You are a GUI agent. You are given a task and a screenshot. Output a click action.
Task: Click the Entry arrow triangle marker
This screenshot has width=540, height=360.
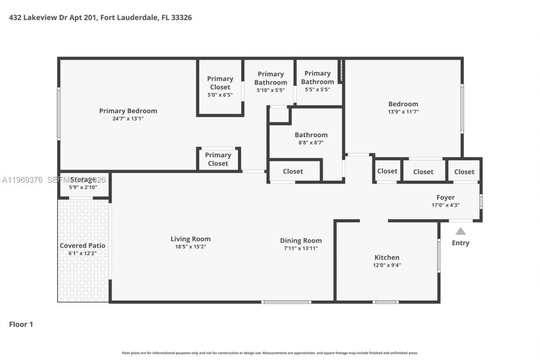pyautogui.click(x=460, y=231)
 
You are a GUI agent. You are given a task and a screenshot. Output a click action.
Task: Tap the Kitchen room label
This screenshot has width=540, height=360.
pyautogui.click(x=387, y=257)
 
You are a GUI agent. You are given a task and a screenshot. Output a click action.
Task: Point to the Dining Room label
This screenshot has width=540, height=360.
pyautogui.click(x=301, y=241)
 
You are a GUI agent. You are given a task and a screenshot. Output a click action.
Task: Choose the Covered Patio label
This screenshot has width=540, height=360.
pyautogui.click(x=83, y=246)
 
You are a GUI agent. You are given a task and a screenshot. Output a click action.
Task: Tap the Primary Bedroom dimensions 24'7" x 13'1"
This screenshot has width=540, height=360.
pyautogui.click(x=128, y=119)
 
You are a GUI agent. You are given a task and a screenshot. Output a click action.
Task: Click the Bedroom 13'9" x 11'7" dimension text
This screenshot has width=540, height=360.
pyautogui.click(x=403, y=112)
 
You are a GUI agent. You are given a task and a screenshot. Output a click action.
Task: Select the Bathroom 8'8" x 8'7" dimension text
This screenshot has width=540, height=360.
pyautogui.click(x=311, y=143)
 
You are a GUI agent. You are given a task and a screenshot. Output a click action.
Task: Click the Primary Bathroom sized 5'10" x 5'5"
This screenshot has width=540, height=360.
pyautogui.click(x=270, y=82)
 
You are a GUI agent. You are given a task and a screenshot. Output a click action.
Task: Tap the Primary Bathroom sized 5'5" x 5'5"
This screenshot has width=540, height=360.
pyautogui.click(x=317, y=81)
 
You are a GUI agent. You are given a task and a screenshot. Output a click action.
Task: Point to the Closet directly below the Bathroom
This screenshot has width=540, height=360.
pyautogui.click(x=293, y=171)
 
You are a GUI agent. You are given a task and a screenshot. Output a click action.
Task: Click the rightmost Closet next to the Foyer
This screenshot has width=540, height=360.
pyautogui.click(x=464, y=172)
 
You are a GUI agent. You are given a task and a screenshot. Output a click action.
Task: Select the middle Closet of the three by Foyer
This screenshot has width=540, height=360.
pyautogui.click(x=423, y=172)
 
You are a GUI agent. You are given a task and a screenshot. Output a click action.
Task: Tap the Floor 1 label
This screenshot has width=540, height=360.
pyautogui.click(x=21, y=324)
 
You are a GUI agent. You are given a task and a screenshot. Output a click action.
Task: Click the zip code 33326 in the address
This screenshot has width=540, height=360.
pyautogui.click(x=182, y=18)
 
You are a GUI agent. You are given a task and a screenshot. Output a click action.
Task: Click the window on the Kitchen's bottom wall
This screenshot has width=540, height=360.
pyautogui.click(x=386, y=302)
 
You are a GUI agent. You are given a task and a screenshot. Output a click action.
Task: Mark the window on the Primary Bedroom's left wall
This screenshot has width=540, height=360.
pyautogui.click(x=59, y=114)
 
